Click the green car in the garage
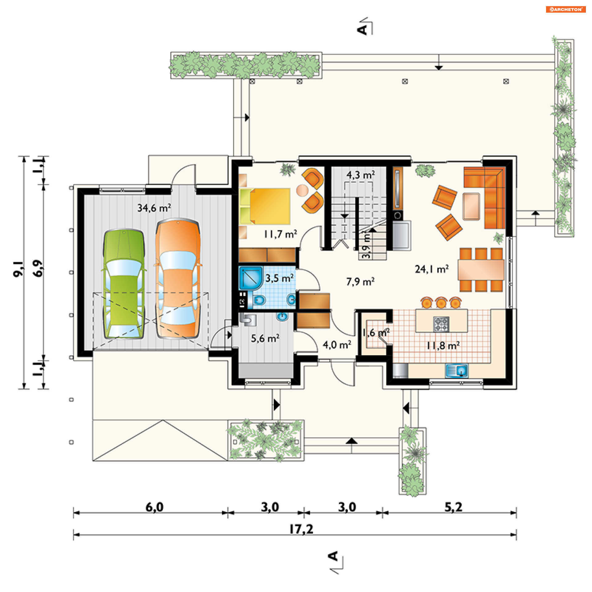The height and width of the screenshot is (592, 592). pyautogui.click(x=124, y=284)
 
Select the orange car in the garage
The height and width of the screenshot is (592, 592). pyautogui.click(x=178, y=279)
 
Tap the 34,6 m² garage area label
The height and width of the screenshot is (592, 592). pyautogui.click(x=154, y=208)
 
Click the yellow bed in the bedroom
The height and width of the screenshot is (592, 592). pyautogui.click(x=265, y=206)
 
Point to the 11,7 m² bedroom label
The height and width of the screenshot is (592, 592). pyautogui.click(x=280, y=234)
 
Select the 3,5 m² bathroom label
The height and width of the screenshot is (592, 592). pyautogui.click(x=279, y=278)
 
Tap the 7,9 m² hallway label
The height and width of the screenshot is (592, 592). pyautogui.click(x=360, y=282)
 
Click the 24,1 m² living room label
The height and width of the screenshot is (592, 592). pyautogui.click(x=431, y=269)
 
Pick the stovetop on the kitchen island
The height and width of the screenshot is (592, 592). pyautogui.click(x=441, y=324)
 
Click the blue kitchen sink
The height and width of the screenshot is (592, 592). pyautogui.click(x=456, y=371)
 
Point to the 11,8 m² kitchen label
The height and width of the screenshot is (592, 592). pyautogui.click(x=443, y=346)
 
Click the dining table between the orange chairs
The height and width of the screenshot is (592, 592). pyautogui.click(x=481, y=270)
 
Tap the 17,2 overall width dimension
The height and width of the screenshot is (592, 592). pyautogui.click(x=301, y=529)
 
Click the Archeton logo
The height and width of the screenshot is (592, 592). pyautogui.click(x=566, y=9)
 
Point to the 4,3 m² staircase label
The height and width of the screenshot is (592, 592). pyautogui.click(x=360, y=175)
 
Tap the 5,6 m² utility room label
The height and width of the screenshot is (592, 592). pyautogui.click(x=265, y=338)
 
